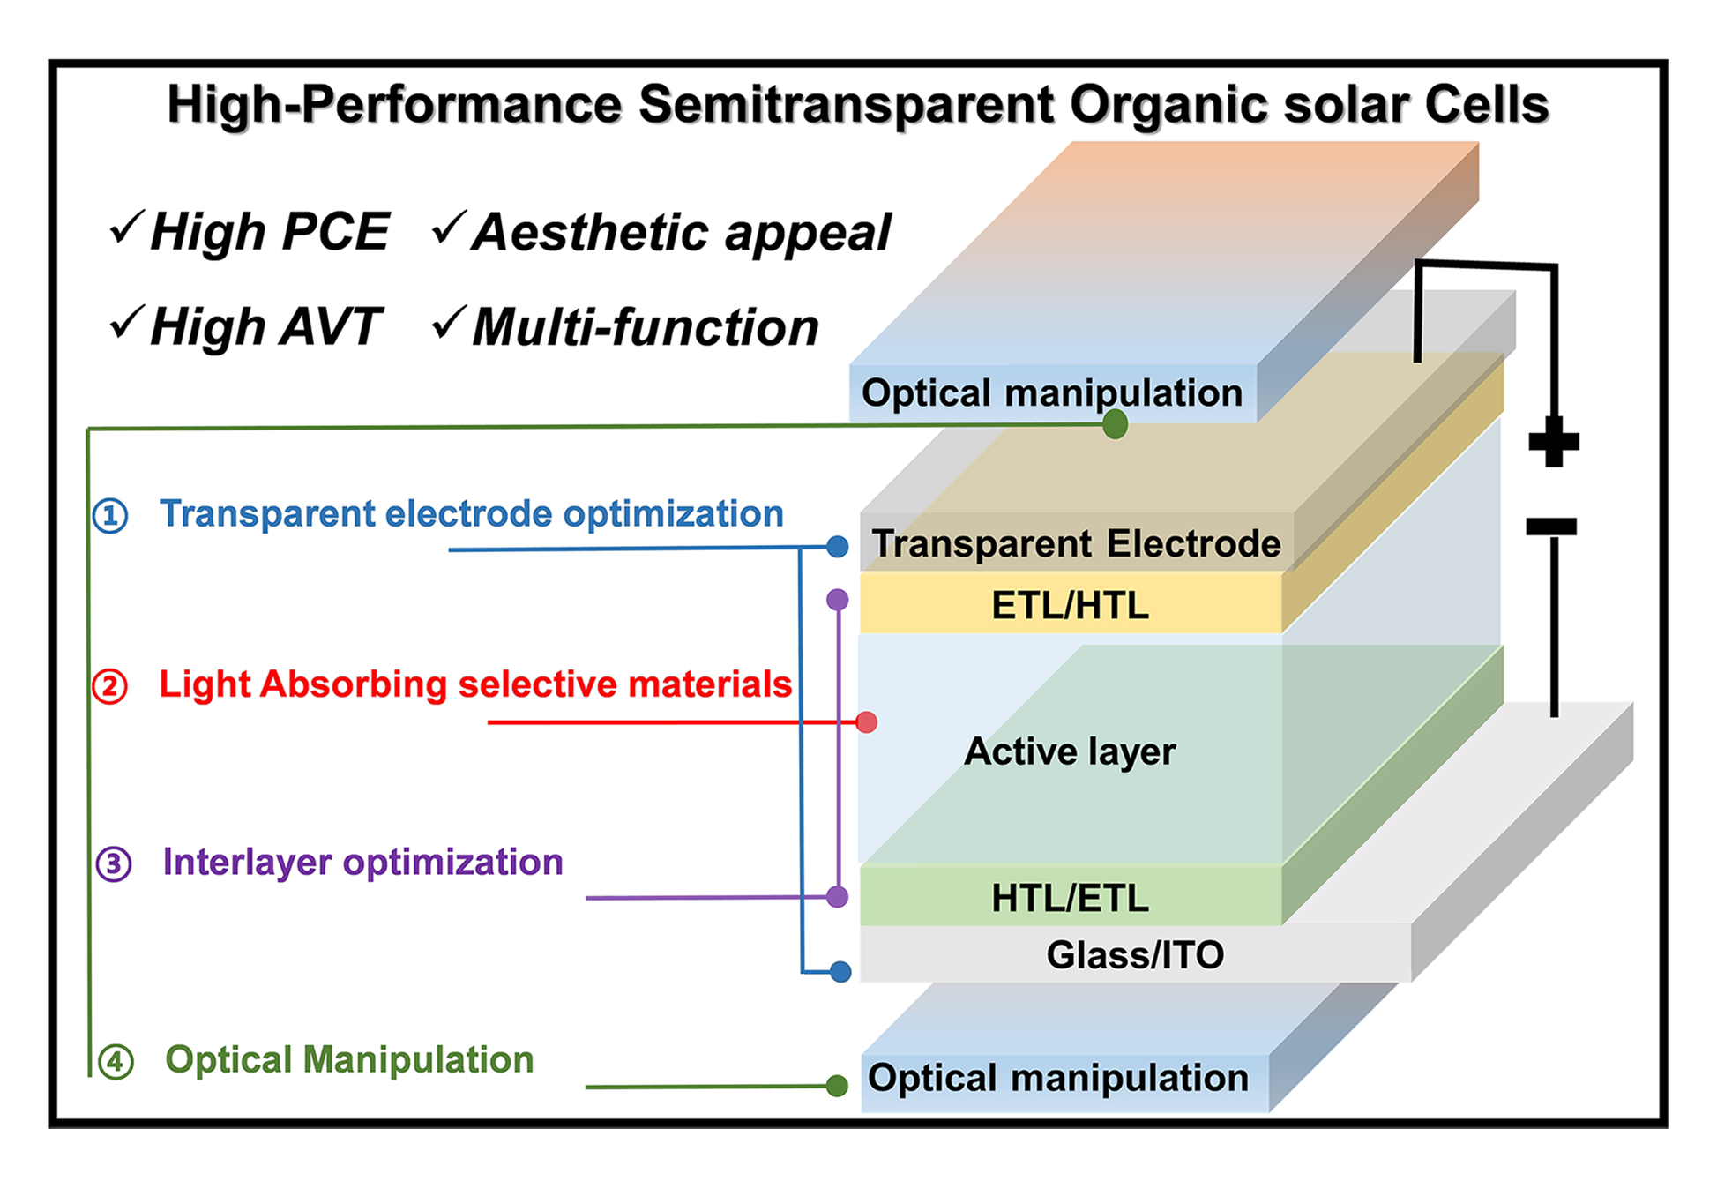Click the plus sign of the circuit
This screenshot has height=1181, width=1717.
(1553, 441)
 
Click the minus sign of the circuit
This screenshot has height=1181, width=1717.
(1551, 527)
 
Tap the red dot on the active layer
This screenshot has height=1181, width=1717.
(866, 722)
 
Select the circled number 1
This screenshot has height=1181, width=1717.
(110, 515)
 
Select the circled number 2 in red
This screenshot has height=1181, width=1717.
(110, 685)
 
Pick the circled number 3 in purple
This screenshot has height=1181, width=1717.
(114, 863)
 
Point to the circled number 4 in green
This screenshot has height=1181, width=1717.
(116, 1061)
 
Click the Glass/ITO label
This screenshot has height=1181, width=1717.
(1135, 954)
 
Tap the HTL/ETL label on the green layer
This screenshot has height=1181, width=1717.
(1070, 898)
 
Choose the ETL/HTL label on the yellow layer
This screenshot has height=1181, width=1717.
(1070, 606)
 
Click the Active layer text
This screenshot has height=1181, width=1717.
(1070, 751)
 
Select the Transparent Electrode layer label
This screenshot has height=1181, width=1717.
(1076, 543)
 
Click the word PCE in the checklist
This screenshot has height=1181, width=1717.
(335, 232)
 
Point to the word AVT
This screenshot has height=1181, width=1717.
(330, 326)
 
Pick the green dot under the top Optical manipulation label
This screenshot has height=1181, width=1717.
(1115, 424)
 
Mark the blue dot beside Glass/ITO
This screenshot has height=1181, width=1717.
(840, 972)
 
